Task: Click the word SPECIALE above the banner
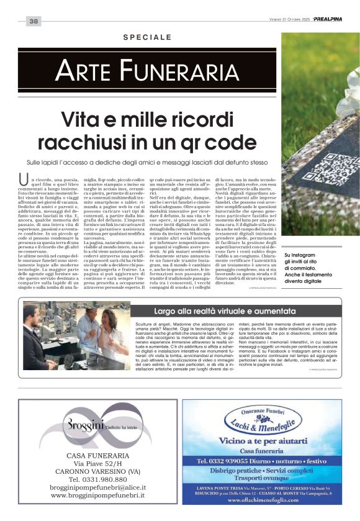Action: tap(147, 38)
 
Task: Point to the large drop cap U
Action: tap(24, 180)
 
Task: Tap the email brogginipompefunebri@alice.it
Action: tap(97, 487)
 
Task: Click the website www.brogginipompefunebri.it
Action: tap(97, 496)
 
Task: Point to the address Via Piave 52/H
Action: tap(97, 464)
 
